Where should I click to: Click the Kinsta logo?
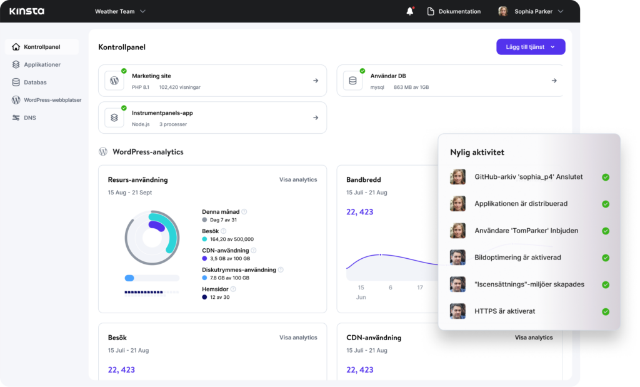pyautogui.click(x=27, y=11)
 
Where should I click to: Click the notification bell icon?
pyautogui.click(x=410, y=11)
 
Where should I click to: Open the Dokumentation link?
pyautogui.click(x=459, y=11)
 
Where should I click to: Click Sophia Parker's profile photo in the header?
pyautogui.click(x=502, y=11)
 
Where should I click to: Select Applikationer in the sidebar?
pyautogui.click(x=42, y=64)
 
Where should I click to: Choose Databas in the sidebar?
pyautogui.click(x=35, y=82)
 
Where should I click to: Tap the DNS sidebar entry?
pyautogui.click(x=29, y=118)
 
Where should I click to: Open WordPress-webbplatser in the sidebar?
pyautogui.click(x=52, y=100)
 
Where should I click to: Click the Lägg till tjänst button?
pyautogui.click(x=531, y=47)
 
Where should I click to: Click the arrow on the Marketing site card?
pyautogui.click(x=316, y=81)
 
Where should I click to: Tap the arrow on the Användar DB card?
pyautogui.click(x=554, y=81)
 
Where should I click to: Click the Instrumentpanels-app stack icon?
pyautogui.click(x=114, y=118)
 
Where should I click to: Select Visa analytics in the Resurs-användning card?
pyautogui.click(x=298, y=179)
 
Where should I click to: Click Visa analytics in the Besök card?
pyautogui.click(x=298, y=338)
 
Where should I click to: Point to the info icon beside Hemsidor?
pyautogui.click(x=233, y=289)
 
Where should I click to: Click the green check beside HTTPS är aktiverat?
pyautogui.click(x=605, y=311)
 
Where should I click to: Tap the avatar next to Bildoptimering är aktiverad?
pyautogui.click(x=457, y=258)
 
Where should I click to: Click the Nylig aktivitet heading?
pyautogui.click(x=477, y=152)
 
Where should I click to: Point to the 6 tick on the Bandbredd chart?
pyautogui.click(x=391, y=288)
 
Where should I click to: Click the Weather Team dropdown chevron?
pyautogui.click(x=142, y=11)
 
